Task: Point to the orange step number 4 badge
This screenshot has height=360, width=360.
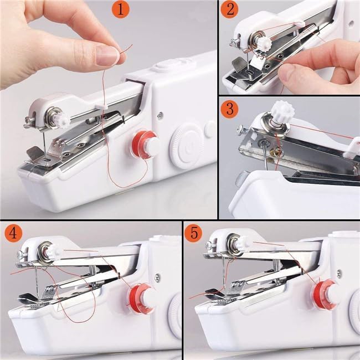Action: pyautogui.click(x=12, y=233)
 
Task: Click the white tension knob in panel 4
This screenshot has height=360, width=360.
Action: pyautogui.click(x=53, y=253)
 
